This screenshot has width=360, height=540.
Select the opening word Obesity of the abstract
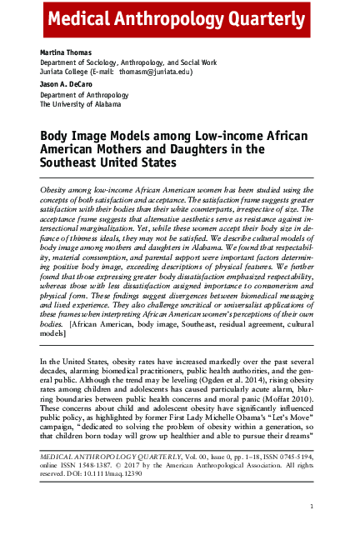[x=57, y=191]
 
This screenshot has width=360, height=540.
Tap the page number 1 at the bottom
[x=311, y=506]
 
